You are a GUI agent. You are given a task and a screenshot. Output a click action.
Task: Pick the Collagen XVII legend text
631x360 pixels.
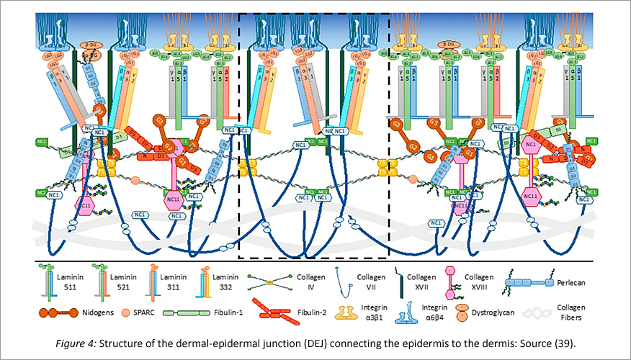click(423, 280)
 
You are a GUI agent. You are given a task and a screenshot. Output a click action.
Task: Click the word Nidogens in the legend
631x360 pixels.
click(106, 315)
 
